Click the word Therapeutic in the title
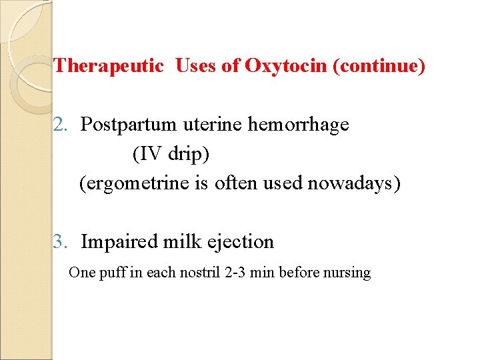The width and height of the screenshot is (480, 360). click(108, 66)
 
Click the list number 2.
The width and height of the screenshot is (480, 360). click(61, 125)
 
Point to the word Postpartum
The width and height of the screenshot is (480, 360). click(128, 125)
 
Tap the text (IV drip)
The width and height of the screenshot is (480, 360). click(171, 154)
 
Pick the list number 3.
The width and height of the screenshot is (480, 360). click(61, 241)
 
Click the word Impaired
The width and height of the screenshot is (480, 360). click(119, 241)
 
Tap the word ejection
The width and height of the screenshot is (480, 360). click(240, 241)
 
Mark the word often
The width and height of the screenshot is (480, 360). click(231, 183)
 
